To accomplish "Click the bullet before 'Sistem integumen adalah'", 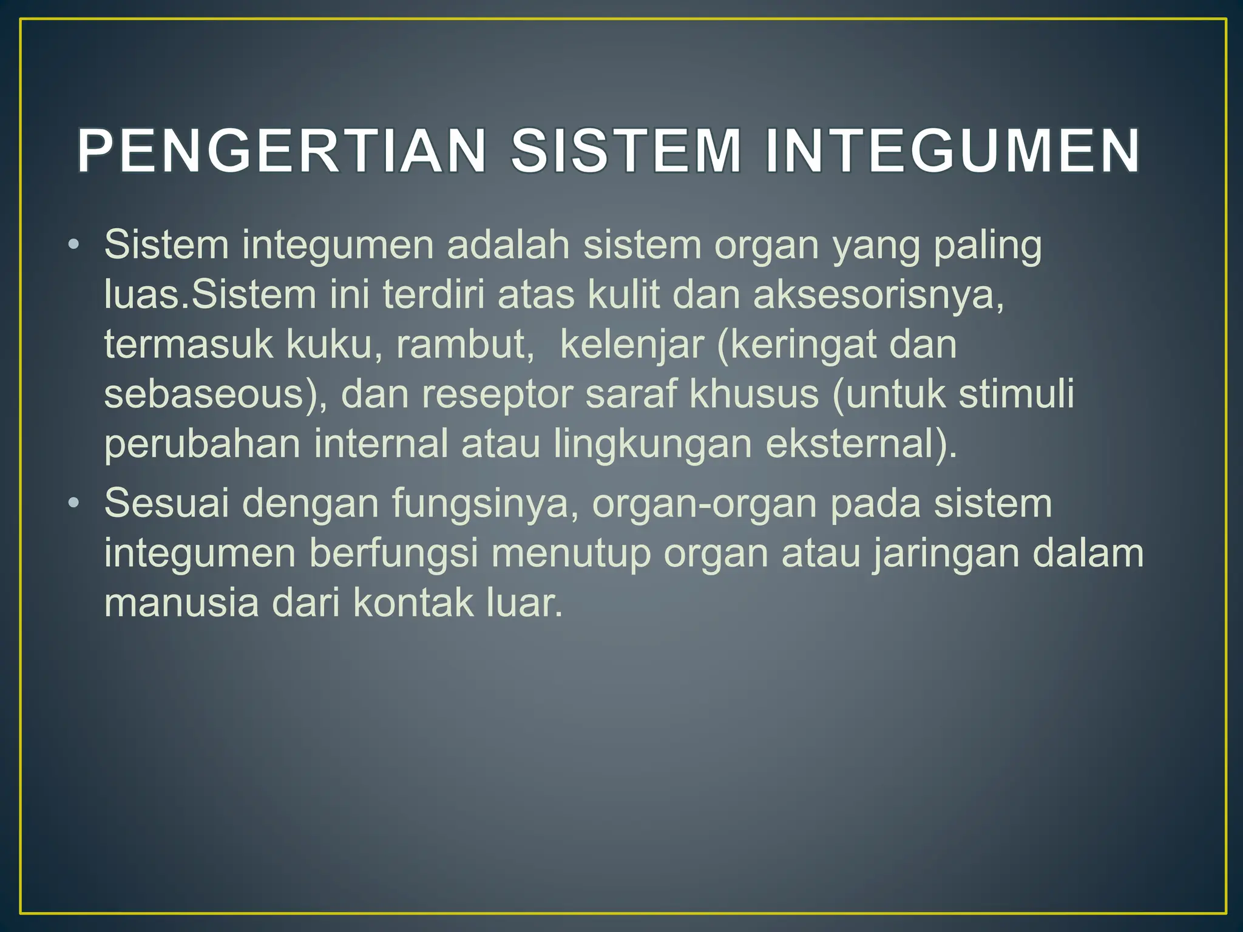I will [x=73, y=246].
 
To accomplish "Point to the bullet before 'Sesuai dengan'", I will [x=73, y=504].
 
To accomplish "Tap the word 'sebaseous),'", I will [x=215, y=394].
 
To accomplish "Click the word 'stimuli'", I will [x=1016, y=394].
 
